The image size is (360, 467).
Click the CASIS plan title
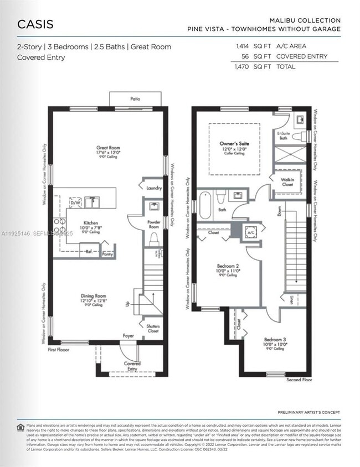coord(35,24)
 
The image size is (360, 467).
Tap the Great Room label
coord(108,148)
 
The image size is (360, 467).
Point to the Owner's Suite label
coord(234,143)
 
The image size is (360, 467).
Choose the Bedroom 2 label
coord(227,266)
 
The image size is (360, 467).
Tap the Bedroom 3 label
coord(274,339)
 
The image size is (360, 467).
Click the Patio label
coord(135,98)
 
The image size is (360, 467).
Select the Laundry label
coord(153,188)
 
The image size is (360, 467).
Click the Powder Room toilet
coord(155,238)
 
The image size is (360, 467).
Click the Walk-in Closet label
coord(287,181)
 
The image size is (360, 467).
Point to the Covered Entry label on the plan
coord(132,366)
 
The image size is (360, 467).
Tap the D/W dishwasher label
coord(75,203)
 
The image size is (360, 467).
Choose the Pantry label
coord(107,254)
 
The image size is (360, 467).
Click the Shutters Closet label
coord(153,329)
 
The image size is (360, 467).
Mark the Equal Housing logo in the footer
coord(20,427)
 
